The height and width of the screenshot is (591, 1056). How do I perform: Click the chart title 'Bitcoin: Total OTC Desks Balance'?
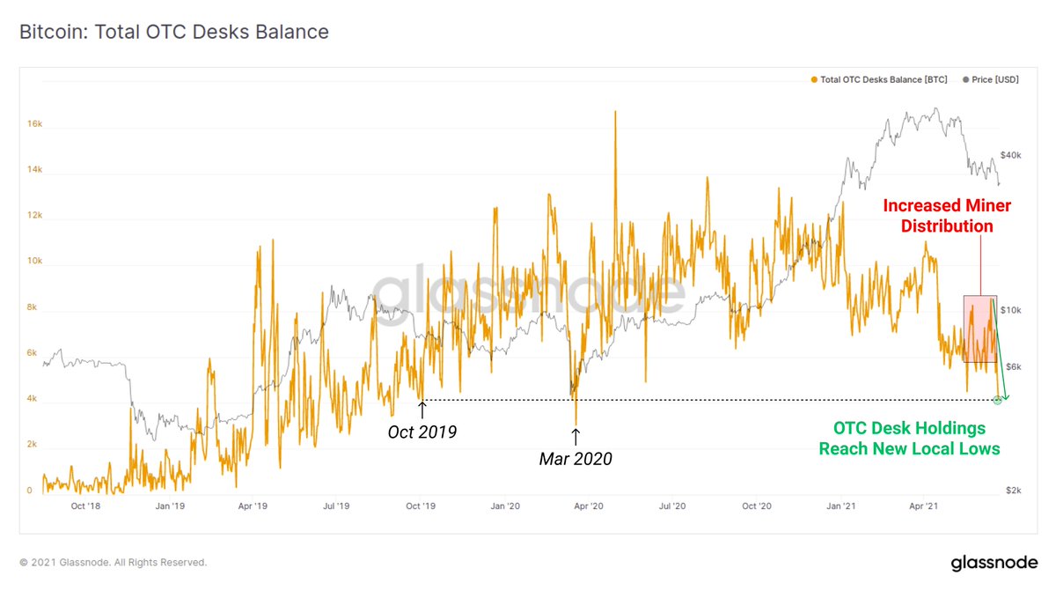[x=174, y=33]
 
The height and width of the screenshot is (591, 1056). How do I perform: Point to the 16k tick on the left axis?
[x=35, y=124]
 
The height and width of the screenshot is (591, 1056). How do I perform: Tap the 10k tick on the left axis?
[x=35, y=262]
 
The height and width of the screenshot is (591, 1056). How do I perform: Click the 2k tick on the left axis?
[x=32, y=445]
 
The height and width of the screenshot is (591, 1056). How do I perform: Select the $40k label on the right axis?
[x=1010, y=155]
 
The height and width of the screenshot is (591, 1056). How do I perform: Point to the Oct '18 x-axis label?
[x=84, y=506]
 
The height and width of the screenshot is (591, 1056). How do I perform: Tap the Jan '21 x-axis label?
[x=840, y=506]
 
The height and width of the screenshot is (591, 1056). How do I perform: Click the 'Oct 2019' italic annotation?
[x=422, y=432]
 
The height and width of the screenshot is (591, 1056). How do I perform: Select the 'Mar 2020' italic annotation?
[x=576, y=459]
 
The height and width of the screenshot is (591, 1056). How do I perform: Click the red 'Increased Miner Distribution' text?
[x=938, y=216]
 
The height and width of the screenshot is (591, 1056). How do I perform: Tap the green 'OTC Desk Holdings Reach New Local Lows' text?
[x=909, y=438]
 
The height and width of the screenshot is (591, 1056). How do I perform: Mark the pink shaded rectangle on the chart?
[x=980, y=329]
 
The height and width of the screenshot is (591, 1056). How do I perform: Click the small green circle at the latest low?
[x=997, y=400]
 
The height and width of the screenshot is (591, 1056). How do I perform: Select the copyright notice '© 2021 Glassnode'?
[x=113, y=562]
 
